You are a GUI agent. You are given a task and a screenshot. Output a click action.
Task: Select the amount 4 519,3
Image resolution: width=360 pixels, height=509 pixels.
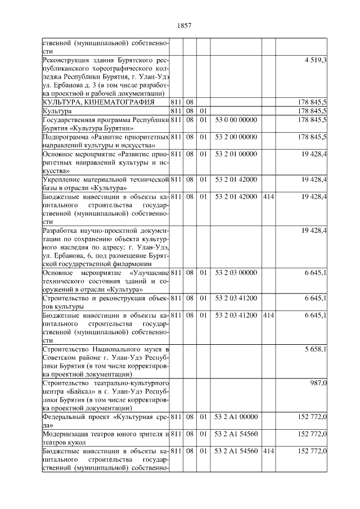316,59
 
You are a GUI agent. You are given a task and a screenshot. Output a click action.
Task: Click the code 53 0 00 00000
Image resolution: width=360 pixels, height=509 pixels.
236,120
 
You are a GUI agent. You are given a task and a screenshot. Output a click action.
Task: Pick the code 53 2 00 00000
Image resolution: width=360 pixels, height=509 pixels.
236,137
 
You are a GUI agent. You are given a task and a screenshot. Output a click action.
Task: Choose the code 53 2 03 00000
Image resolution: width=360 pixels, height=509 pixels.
236,272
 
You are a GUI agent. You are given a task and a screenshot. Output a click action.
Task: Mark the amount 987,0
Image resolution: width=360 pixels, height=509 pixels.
319,382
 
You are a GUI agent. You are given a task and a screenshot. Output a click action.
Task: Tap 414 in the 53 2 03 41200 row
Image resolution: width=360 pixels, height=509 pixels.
268,315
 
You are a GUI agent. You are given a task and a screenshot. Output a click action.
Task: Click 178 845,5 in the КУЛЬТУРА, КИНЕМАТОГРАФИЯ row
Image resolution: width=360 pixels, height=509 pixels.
312,102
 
